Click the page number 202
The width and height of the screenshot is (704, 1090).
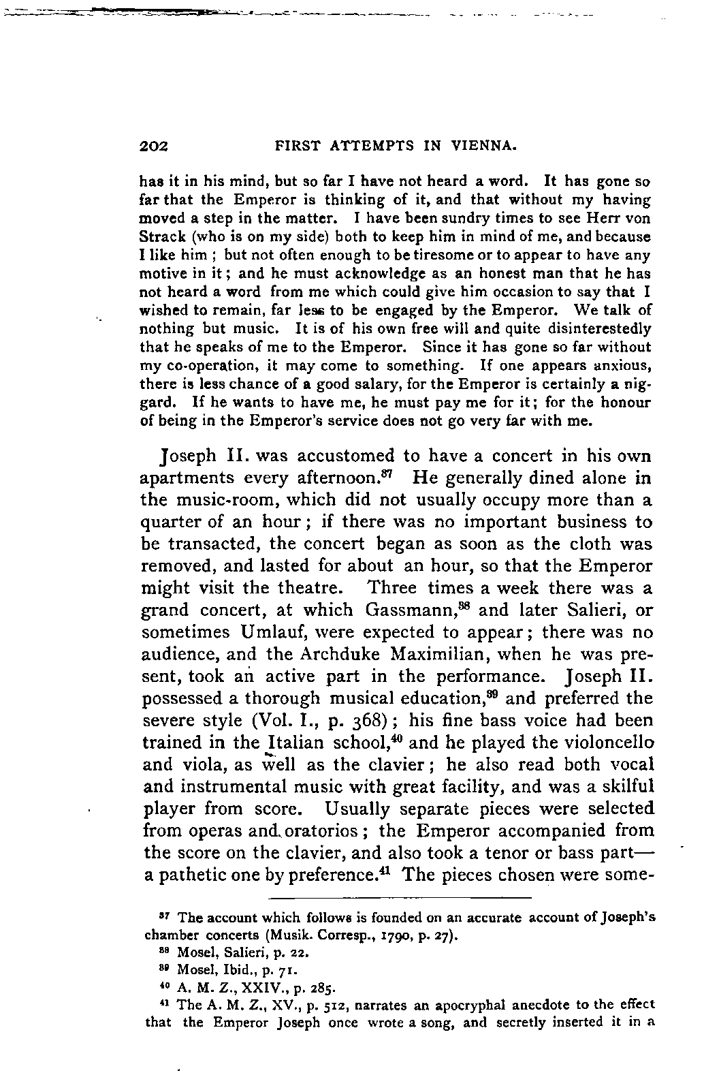click(x=154, y=145)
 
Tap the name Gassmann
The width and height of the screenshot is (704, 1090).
click(x=408, y=610)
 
